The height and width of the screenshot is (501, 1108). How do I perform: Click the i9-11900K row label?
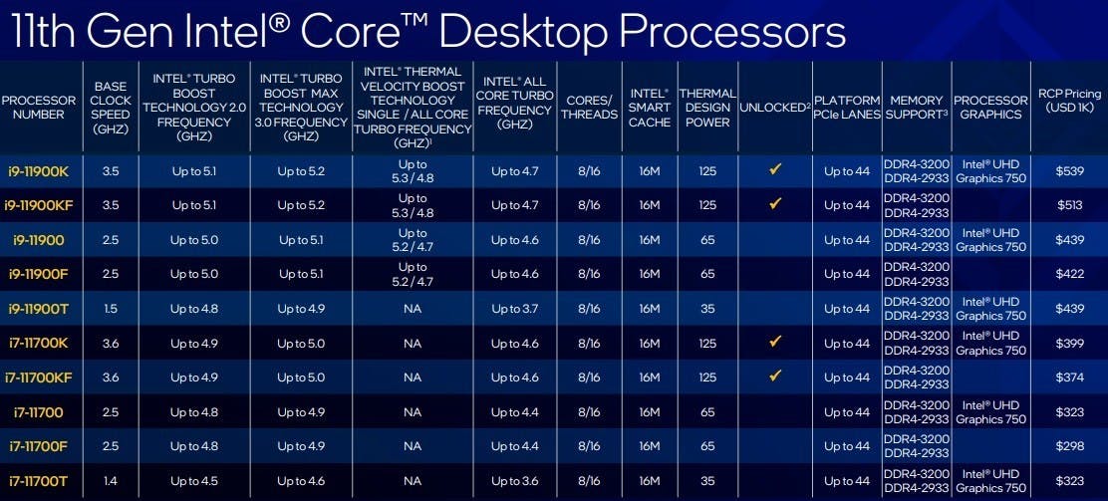38,171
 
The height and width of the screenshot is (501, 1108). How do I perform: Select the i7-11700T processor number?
38,481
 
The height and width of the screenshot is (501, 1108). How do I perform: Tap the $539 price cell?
1069,171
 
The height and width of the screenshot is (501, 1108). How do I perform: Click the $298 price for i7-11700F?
1069,446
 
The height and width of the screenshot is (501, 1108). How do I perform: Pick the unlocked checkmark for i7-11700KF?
775,376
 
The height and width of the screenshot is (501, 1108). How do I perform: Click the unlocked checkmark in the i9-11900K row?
775,169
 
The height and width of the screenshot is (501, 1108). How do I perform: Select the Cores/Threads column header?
589,107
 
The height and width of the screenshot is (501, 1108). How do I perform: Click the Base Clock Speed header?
111,107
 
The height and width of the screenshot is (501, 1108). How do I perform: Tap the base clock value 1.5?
111,309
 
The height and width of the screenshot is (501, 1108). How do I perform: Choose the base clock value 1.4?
111,481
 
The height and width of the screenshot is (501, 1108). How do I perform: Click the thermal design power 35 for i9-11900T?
707,309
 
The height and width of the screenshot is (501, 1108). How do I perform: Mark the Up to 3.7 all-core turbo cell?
515,309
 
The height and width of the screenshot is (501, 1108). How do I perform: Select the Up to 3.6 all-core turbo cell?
515,481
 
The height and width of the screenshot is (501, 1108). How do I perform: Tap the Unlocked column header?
774,108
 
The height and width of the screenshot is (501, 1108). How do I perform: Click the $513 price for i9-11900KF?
1069,205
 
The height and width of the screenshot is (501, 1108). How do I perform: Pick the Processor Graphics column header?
990,108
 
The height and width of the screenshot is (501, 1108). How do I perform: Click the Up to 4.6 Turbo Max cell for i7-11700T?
301,481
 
